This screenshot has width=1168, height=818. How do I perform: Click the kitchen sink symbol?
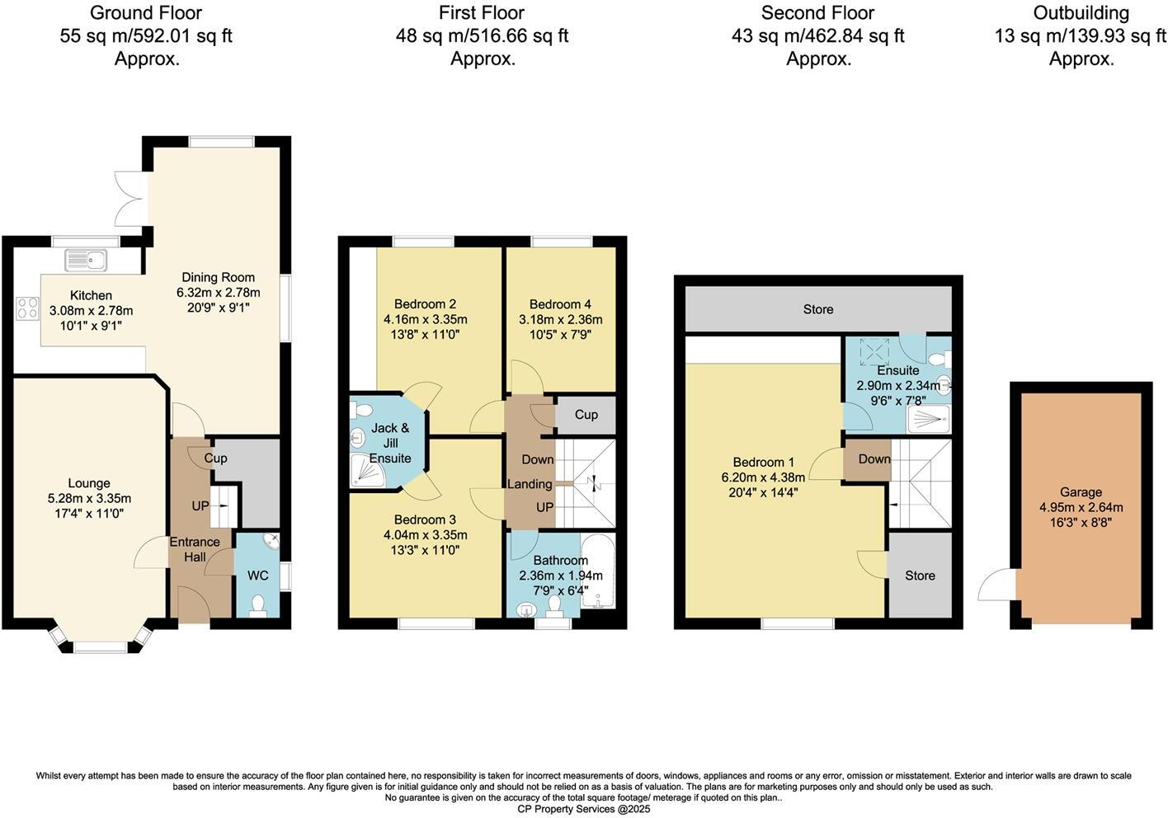(x=87, y=261)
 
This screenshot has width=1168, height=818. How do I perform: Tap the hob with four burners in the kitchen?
(x=27, y=308)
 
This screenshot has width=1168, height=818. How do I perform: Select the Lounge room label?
(x=89, y=483)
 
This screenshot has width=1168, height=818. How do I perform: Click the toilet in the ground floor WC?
(x=258, y=606)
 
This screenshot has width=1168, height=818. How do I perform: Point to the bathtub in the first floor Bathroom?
(x=598, y=572)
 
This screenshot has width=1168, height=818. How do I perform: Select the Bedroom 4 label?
(x=560, y=304)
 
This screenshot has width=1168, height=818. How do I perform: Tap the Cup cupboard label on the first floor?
(x=586, y=415)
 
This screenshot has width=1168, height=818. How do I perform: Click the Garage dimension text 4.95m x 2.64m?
(x=1081, y=507)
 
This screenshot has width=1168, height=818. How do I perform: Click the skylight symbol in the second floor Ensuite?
(x=871, y=352)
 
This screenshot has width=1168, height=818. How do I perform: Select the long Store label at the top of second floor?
(x=818, y=309)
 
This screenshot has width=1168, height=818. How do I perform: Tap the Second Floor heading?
(x=817, y=13)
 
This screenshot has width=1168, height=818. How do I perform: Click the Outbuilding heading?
(x=1081, y=13)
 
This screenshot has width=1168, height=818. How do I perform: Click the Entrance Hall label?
(x=195, y=549)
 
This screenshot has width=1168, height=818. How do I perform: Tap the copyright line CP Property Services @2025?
(x=583, y=809)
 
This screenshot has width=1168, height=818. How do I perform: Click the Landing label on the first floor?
(x=529, y=484)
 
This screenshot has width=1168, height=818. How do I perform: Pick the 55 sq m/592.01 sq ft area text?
(x=146, y=36)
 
